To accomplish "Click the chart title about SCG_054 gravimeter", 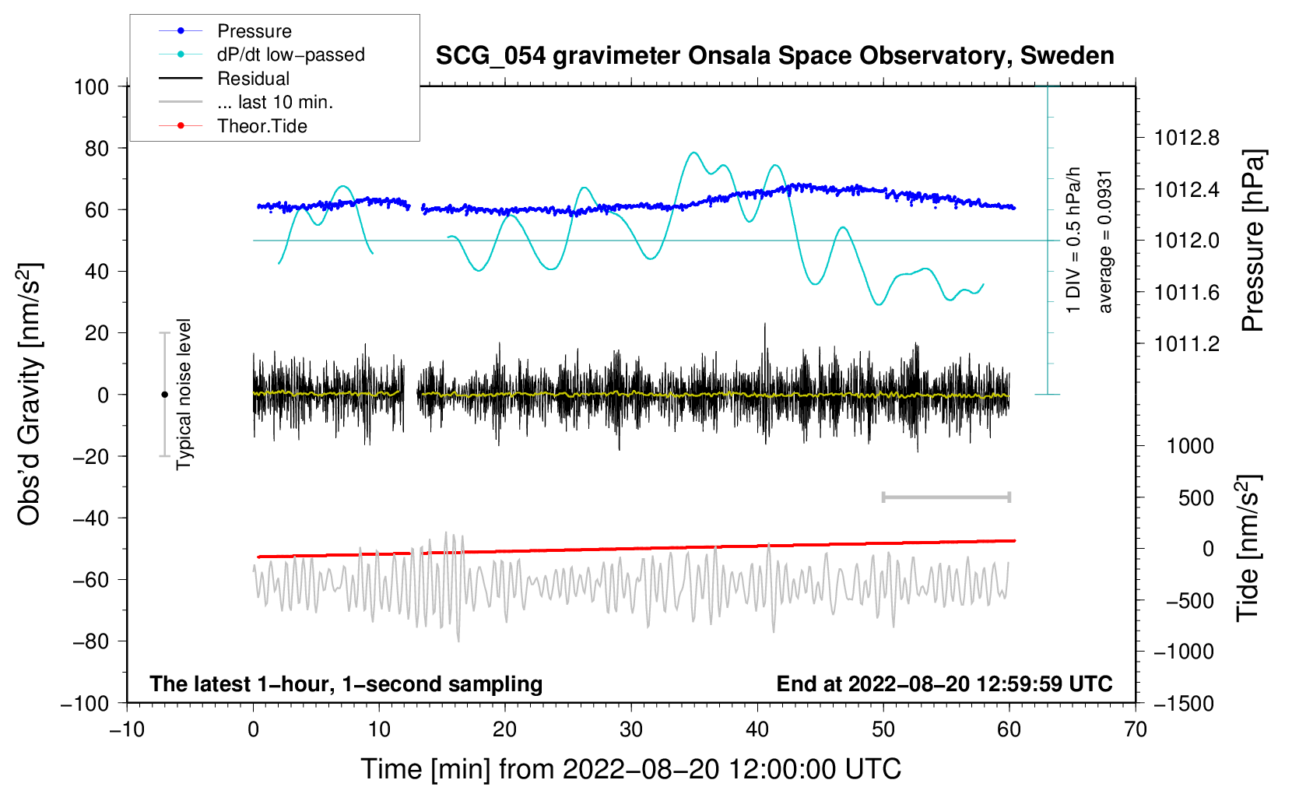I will click(x=774, y=56).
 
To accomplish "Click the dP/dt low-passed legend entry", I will click(x=290, y=54).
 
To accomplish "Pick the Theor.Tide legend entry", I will click(x=262, y=126).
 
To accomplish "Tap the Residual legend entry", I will click(x=253, y=79).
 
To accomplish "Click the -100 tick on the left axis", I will click(x=85, y=703).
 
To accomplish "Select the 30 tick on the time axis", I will click(x=631, y=729).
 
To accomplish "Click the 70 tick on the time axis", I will click(x=1136, y=729).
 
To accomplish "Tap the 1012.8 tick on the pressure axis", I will click(x=1187, y=138).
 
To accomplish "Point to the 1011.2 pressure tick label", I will click(x=1187, y=343).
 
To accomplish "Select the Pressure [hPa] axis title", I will click(x=1253, y=241).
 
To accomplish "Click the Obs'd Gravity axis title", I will click(x=30, y=395).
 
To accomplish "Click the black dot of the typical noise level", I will click(x=164, y=395).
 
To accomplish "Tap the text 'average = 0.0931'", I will click(x=1105, y=241).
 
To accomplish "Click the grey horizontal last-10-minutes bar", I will click(x=946, y=497).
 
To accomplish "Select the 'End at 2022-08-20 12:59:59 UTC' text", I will click(x=944, y=683).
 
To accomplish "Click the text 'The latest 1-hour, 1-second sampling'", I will click(x=346, y=683).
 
